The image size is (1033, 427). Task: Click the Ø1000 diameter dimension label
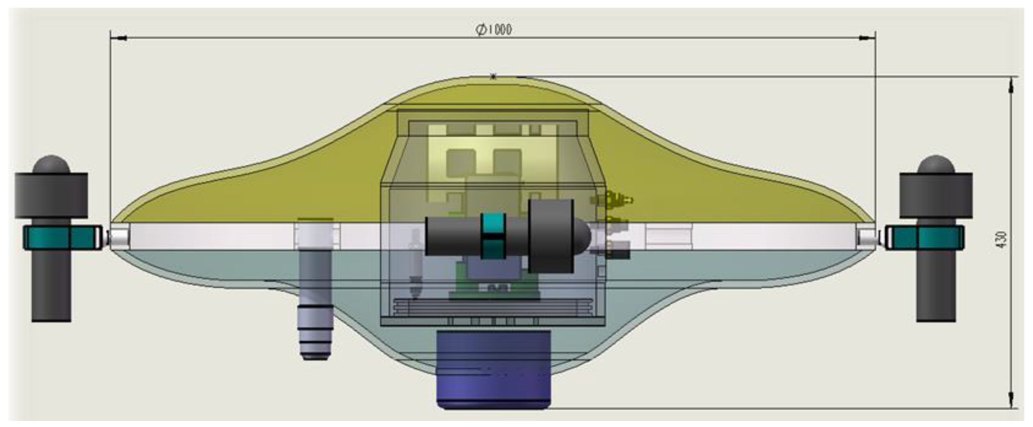coord(494,29)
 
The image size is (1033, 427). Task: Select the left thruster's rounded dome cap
coord(51,164)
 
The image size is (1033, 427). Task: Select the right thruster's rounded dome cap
coord(936,164)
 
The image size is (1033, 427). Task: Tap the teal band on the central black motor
coord(493,236)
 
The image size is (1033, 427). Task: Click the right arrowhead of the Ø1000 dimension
coord(866,38)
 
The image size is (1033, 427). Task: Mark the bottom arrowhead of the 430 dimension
coord(1011,401)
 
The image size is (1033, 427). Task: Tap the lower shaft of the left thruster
coord(51,288)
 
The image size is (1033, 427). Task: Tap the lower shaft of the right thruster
coord(936,288)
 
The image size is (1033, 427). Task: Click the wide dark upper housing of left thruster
coord(51,195)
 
